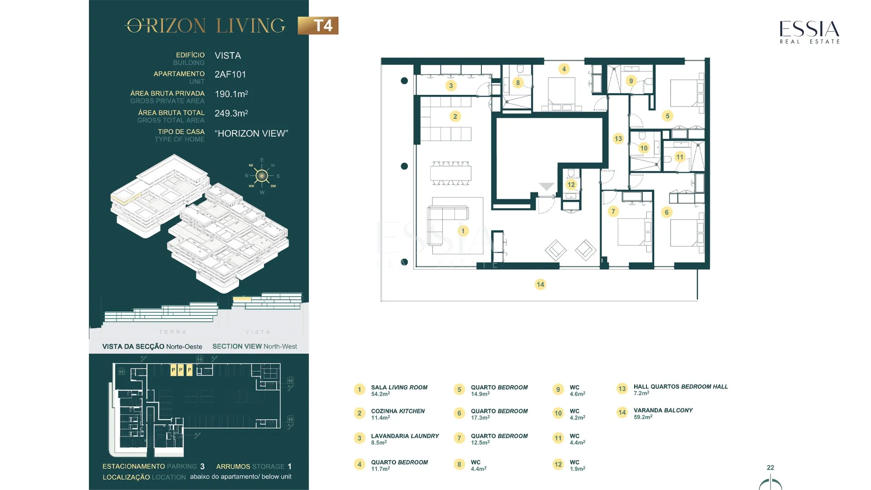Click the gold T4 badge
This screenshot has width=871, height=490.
(318, 25)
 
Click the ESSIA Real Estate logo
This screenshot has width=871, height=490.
(810, 32)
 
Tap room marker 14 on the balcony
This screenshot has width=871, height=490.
(540, 284)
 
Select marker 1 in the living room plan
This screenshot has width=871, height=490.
(463, 231)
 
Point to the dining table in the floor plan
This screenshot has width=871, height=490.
(450, 173)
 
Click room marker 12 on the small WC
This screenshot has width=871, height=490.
(571, 185)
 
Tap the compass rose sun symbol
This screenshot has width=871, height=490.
(262, 176)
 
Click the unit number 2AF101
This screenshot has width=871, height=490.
(230, 74)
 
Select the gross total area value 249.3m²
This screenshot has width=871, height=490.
(231, 113)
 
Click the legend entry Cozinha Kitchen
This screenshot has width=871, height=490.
(398, 414)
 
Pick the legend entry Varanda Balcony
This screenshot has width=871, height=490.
(663, 413)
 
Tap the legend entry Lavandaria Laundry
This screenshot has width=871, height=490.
(405, 439)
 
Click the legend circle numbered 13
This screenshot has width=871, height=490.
(622, 389)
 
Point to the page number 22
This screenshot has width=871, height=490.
(770, 467)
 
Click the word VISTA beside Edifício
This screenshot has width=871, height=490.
(228, 56)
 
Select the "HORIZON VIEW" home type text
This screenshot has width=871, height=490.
(251, 133)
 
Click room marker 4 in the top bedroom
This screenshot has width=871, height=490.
(564, 69)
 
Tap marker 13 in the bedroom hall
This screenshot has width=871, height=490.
(618, 138)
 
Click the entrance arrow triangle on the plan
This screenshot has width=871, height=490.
(547, 186)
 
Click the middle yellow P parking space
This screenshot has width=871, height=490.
(181, 370)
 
